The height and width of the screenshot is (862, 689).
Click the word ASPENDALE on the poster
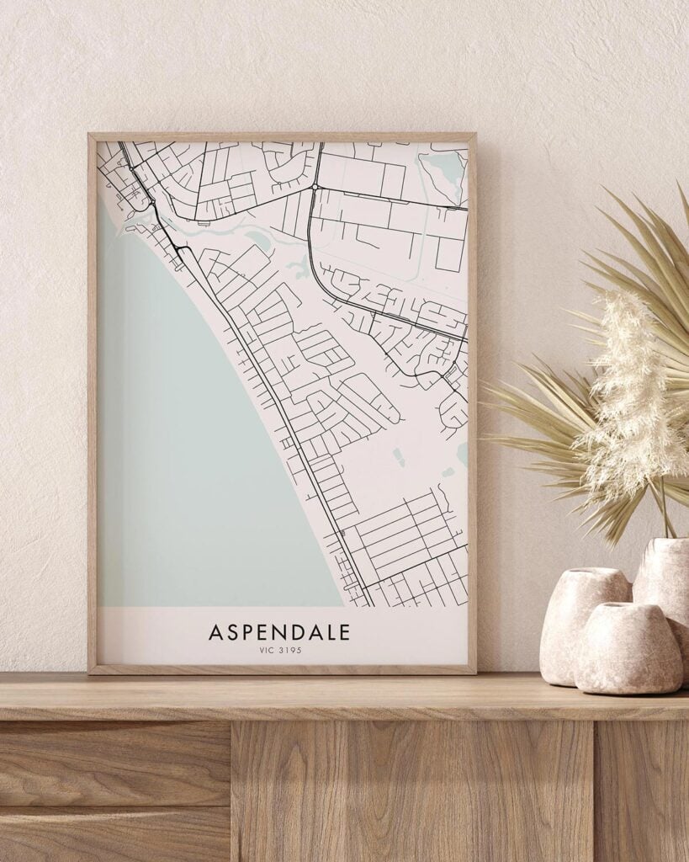coord(279,631)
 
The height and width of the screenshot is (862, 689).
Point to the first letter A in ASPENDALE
coord(215,631)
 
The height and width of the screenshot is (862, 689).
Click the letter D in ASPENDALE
coord(294,631)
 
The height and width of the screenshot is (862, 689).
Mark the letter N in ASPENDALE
coord(274,631)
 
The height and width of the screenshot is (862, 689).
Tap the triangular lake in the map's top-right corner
coord(444,168)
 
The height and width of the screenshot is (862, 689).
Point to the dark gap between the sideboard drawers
coord(231,791)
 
